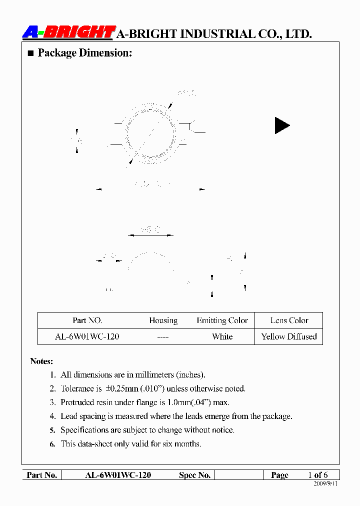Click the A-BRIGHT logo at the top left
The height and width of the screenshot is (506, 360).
69,32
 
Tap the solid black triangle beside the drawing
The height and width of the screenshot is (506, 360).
281,125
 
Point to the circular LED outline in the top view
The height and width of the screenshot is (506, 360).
150,133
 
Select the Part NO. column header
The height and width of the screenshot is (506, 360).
87,320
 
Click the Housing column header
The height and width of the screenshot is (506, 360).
163,320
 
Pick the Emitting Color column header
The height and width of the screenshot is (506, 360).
222,320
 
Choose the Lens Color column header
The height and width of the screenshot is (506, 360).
289,320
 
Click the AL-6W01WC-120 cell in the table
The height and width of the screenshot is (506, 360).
87,336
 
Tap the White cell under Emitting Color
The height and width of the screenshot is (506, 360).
222,336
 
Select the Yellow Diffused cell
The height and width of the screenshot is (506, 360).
289,336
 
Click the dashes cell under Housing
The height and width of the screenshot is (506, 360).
162,337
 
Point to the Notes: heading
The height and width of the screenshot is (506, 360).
41,361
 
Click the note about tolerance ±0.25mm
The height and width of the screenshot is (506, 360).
153,388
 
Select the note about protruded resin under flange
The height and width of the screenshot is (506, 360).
145,402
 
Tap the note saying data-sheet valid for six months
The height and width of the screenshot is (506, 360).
131,443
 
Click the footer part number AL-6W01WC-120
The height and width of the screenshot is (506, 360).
118,475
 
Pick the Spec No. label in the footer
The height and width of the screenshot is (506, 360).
194,475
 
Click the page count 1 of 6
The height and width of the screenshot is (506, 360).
317,475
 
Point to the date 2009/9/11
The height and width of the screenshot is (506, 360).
325,484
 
